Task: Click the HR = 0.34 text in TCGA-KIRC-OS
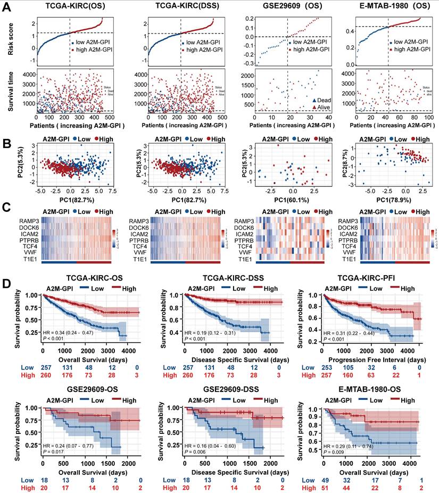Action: (x=69, y=332)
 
